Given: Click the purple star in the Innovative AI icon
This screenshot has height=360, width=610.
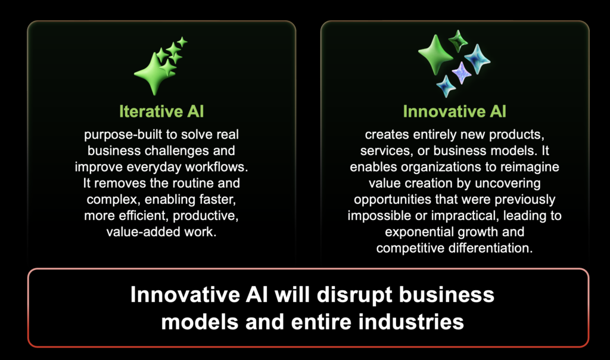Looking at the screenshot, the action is click(x=462, y=73).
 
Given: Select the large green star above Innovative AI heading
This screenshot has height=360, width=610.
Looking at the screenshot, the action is click(x=435, y=55).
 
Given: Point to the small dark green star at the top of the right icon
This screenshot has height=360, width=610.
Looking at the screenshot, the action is click(x=458, y=41).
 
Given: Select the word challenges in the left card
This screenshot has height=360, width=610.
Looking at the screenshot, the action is click(x=179, y=151).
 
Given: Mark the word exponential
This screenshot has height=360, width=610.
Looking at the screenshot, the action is click(x=419, y=232).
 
